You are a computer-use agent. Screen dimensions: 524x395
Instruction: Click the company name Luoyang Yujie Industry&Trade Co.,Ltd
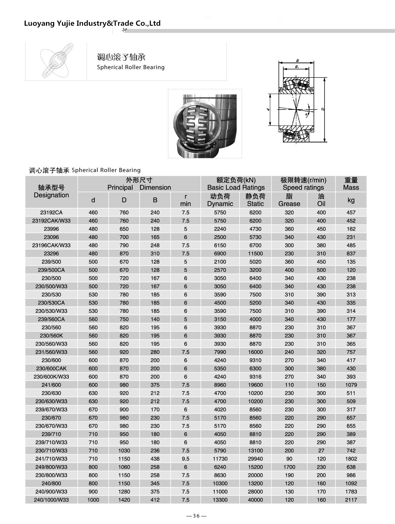coord(92,23)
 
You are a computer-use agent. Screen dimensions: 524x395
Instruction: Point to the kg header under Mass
coord(351,200)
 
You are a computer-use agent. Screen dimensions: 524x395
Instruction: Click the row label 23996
coord(51,229)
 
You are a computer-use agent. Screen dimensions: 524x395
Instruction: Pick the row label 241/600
coord(51,385)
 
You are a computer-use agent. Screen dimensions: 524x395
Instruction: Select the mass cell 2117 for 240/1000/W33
coord(351,500)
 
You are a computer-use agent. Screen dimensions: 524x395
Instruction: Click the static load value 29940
coord(255,459)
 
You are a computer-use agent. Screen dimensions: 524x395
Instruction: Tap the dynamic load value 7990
coord(220,352)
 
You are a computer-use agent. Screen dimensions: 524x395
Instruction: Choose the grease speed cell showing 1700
coord(289,467)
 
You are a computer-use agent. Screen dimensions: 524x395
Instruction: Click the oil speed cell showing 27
coord(321,450)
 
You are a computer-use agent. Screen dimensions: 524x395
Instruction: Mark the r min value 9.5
coord(185,459)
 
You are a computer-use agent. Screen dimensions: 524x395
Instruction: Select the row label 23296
coord(51,253)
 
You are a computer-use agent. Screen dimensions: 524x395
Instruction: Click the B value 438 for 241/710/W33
coord(155,459)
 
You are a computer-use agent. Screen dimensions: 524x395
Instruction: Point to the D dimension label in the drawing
coord(323,109)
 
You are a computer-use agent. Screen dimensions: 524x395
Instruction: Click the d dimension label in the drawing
coord(268,110)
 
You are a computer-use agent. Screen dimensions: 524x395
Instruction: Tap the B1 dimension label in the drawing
coord(297,67)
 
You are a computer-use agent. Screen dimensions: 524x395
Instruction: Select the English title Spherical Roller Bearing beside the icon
coord(131,67)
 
